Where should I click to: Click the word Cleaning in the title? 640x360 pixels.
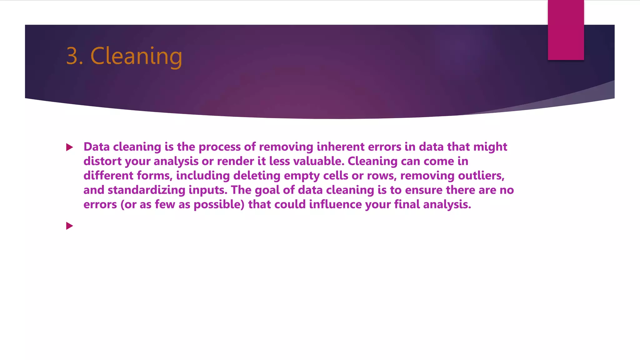(136, 56)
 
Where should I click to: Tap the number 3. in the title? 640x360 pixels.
(74, 56)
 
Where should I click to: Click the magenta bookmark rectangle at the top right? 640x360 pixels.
(566, 30)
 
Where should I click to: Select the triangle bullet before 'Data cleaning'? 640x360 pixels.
(69, 147)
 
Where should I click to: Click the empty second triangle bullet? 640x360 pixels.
(69, 226)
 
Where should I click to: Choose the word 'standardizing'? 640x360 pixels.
(147, 190)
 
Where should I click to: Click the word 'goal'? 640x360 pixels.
(267, 190)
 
